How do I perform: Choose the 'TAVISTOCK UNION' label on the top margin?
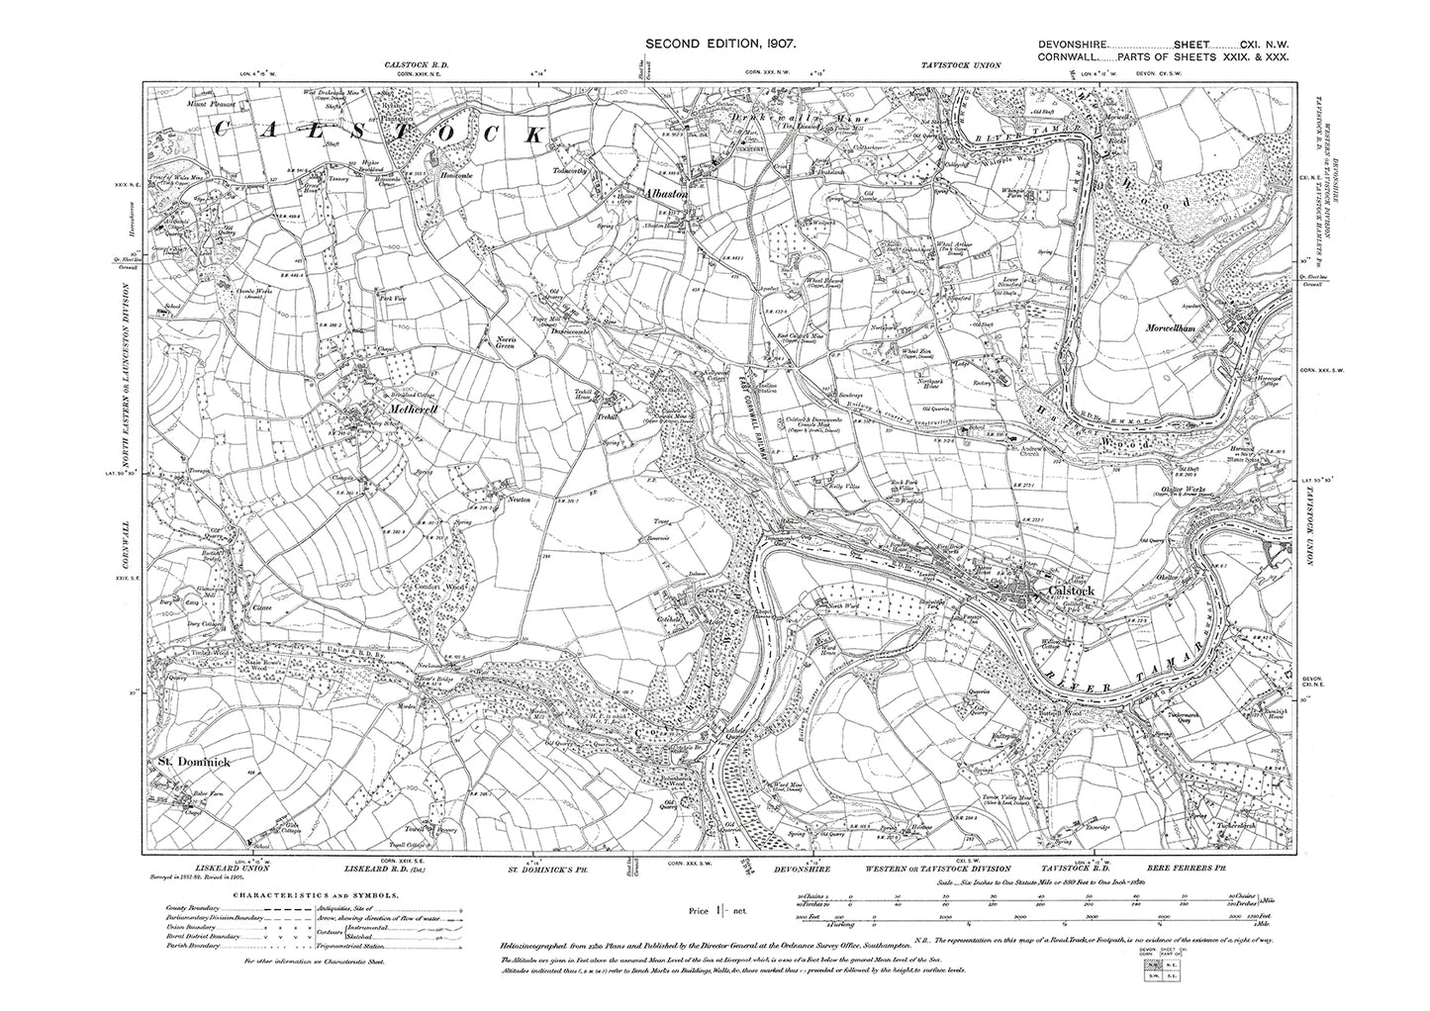point(954,65)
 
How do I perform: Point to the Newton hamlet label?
point(520,500)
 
